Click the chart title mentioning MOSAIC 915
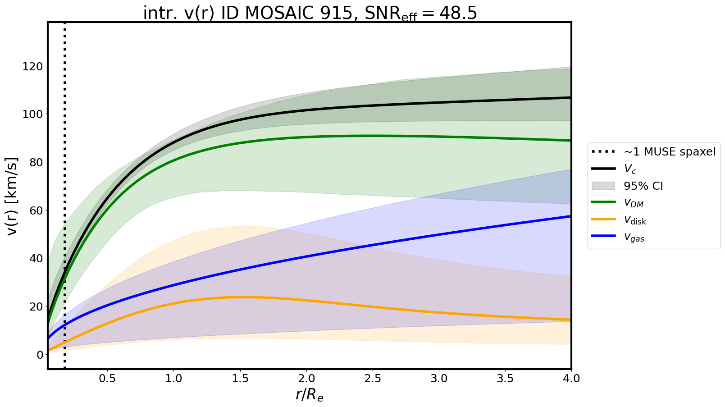click(310, 14)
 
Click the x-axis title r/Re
click(310, 395)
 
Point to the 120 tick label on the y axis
click(34, 67)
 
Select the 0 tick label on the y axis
click(40, 355)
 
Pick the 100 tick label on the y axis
click(34, 114)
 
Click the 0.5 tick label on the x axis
click(107, 378)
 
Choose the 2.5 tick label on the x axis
click(373, 378)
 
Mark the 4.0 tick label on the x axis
click(571, 378)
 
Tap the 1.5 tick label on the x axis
click(240, 378)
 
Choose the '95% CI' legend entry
click(643, 186)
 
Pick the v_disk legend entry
click(635, 220)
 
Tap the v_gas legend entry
click(634, 238)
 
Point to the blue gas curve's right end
click(570, 216)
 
